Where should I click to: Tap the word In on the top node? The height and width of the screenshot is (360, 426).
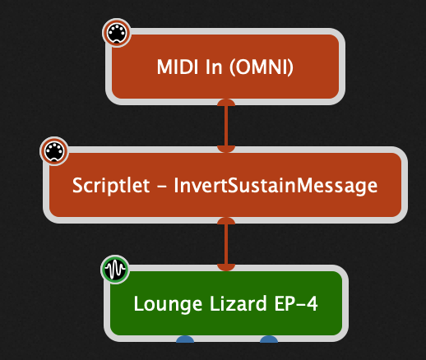pyautogui.click(x=213, y=67)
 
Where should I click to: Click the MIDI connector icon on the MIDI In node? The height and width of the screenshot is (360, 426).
pyautogui.click(x=116, y=34)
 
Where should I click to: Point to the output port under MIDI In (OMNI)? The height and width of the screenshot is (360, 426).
pyautogui.click(x=225, y=103)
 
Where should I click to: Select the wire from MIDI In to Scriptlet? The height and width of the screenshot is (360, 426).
pyautogui.click(x=225, y=125)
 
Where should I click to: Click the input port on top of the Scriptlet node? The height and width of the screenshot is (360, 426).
pyautogui.click(x=225, y=148)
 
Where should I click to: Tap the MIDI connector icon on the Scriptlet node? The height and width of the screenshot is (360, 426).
pyautogui.click(x=54, y=151)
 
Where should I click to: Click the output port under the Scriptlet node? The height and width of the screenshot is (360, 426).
pyautogui.click(x=225, y=221)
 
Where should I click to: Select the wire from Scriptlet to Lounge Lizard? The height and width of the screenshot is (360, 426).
pyautogui.click(x=225, y=243)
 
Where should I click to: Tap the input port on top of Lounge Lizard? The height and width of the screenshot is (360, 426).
pyautogui.click(x=225, y=265)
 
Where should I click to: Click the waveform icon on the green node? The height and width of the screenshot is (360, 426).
pyautogui.click(x=115, y=270)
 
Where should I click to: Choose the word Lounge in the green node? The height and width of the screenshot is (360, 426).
pyautogui.click(x=163, y=303)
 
